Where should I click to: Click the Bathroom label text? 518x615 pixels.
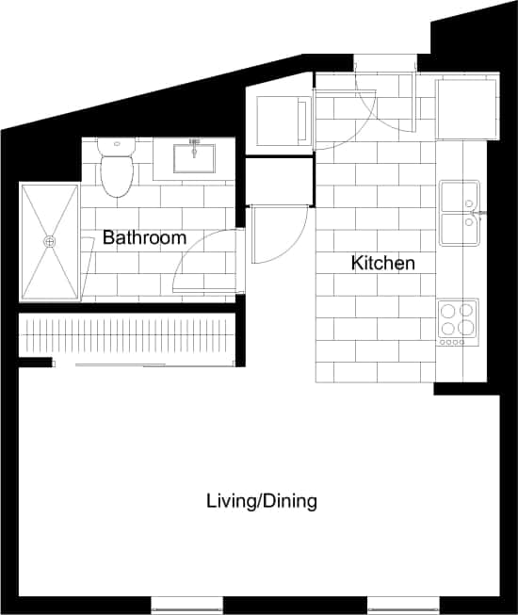click(x=144, y=238)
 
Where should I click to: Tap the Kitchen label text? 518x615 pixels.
click(x=382, y=264)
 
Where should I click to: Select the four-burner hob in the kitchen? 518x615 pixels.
click(x=458, y=322)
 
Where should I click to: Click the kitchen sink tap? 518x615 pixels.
click(x=480, y=214)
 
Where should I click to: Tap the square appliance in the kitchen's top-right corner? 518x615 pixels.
click(x=465, y=109)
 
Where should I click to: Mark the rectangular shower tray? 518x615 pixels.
click(x=49, y=241)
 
